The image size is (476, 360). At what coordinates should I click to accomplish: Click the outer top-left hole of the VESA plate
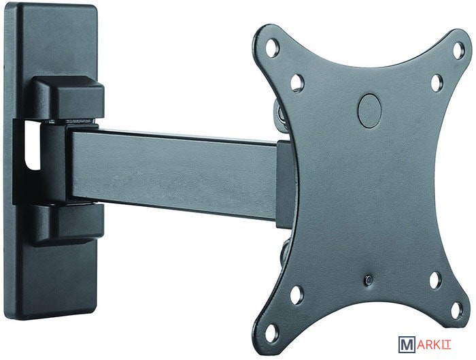[x=272, y=47]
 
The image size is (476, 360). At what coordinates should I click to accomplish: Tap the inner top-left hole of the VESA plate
[x=297, y=82]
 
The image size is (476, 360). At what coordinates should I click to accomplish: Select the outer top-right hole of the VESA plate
[x=458, y=49]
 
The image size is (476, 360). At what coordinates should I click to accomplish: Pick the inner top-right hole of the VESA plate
[x=437, y=82]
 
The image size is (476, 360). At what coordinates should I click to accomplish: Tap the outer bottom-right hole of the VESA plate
[x=456, y=311]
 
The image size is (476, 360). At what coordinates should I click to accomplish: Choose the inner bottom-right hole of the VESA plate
[x=436, y=279]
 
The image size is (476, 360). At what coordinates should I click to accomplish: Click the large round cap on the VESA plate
[x=369, y=110]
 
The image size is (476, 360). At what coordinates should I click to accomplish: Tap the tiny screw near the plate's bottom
[x=369, y=280]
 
